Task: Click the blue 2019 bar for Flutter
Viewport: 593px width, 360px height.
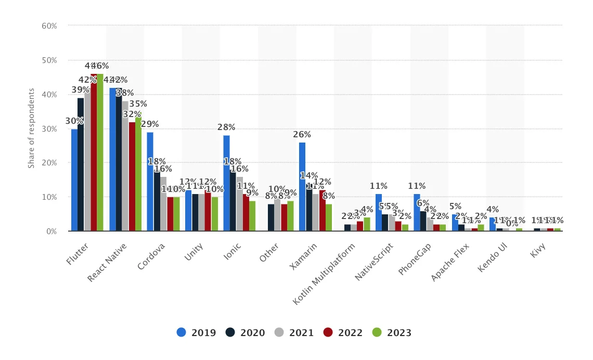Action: (74, 180)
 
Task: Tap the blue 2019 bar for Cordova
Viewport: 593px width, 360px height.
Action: (150, 182)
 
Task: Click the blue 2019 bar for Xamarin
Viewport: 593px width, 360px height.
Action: (302, 187)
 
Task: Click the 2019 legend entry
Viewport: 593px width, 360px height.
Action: (196, 332)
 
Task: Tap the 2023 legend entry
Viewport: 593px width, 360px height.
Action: (392, 332)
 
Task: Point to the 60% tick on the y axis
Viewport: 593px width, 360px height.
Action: (49, 25)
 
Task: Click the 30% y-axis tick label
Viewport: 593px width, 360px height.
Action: (49, 128)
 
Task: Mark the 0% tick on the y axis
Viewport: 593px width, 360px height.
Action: (51, 231)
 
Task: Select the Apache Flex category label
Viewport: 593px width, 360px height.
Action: (450, 262)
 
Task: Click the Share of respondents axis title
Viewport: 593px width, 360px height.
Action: (32, 128)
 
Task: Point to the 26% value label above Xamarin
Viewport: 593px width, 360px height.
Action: (302, 135)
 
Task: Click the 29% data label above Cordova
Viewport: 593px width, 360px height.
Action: (150, 124)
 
